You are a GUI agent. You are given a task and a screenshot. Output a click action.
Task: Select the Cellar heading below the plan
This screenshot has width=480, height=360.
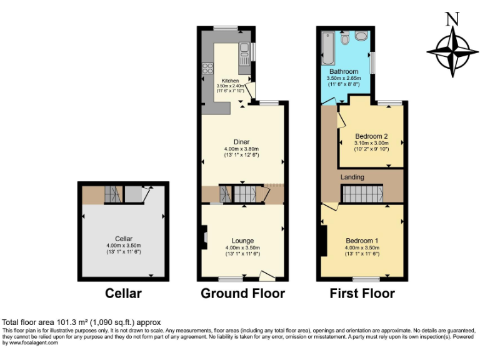point(123,293)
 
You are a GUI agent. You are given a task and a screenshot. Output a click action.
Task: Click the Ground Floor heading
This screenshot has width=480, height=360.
point(242,293)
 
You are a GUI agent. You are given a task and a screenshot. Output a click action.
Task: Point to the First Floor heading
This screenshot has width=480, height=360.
point(363,293)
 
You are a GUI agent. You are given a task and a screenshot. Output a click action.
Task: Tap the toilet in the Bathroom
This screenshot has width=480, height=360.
point(345,40)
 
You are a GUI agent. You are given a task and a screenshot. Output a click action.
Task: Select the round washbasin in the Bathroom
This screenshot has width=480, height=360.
point(361,37)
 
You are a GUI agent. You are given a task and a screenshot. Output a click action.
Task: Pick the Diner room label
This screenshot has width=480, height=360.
point(241,142)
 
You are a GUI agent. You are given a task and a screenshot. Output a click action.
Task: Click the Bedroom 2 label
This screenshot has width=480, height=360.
point(371,136)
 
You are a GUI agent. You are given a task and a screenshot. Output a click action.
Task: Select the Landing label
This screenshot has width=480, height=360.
point(352,177)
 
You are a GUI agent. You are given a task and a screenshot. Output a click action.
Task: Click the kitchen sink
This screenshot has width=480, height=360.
point(243,50)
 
